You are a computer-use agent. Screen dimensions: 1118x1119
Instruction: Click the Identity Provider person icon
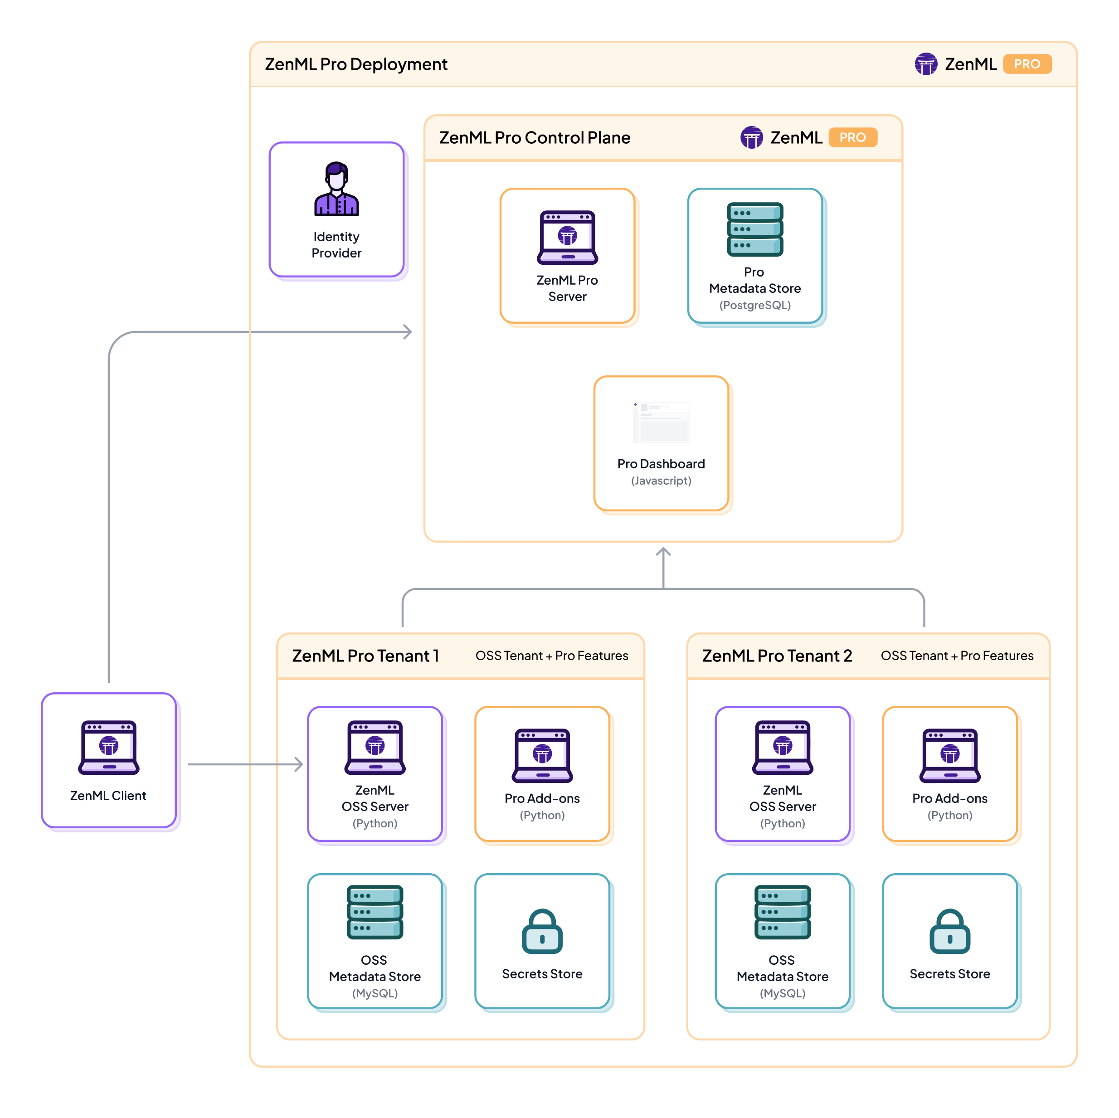click(336, 189)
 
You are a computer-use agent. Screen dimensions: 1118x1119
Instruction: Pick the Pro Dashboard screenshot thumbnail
click(662, 422)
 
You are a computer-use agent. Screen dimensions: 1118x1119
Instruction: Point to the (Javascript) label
click(661, 481)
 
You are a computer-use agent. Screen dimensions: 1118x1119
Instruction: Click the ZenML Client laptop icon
click(109, 747)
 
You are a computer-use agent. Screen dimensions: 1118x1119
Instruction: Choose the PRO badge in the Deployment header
click(1027, 64)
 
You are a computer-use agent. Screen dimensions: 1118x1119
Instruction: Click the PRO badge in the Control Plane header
click(852, 138)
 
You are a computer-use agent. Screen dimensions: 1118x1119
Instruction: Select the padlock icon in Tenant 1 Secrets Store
click(542, 932)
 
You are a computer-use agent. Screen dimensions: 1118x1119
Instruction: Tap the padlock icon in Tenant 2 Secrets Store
click(950, 932)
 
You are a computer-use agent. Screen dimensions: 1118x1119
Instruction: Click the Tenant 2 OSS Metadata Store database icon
click(783, 912)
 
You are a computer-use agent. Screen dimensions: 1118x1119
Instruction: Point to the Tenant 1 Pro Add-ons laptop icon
click(542, 755)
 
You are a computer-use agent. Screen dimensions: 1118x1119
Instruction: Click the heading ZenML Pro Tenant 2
click(777, 656)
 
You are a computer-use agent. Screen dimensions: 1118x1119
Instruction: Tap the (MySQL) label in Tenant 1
click(375, 993)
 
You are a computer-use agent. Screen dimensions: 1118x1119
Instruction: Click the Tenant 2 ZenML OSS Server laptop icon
click(783, 747)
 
